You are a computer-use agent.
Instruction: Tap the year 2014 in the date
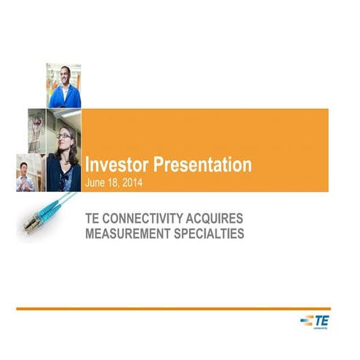point(131,181)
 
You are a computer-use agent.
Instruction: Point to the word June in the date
point(95,181)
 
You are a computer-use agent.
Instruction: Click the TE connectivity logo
point(316,321)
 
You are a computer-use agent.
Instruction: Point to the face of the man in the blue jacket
point(63,76)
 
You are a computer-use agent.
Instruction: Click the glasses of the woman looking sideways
point(64,135)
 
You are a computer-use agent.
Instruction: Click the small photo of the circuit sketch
point(37,131)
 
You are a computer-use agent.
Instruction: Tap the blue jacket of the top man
point(64,96)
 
